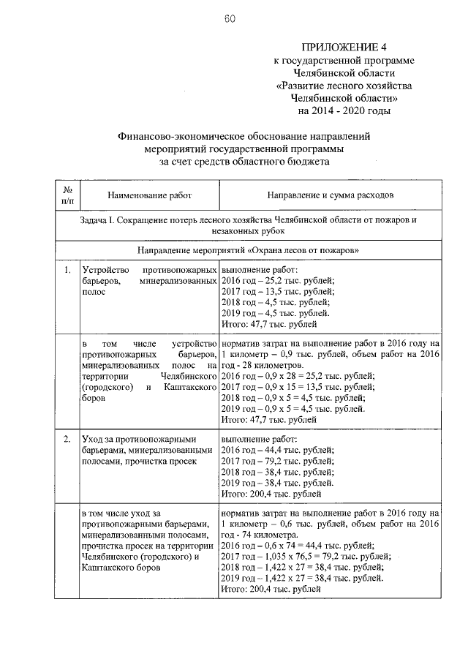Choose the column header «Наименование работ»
click(x=148, y=196)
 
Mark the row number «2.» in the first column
click(x=67, y=440)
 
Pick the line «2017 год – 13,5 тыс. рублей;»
click(x=277, y=291)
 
